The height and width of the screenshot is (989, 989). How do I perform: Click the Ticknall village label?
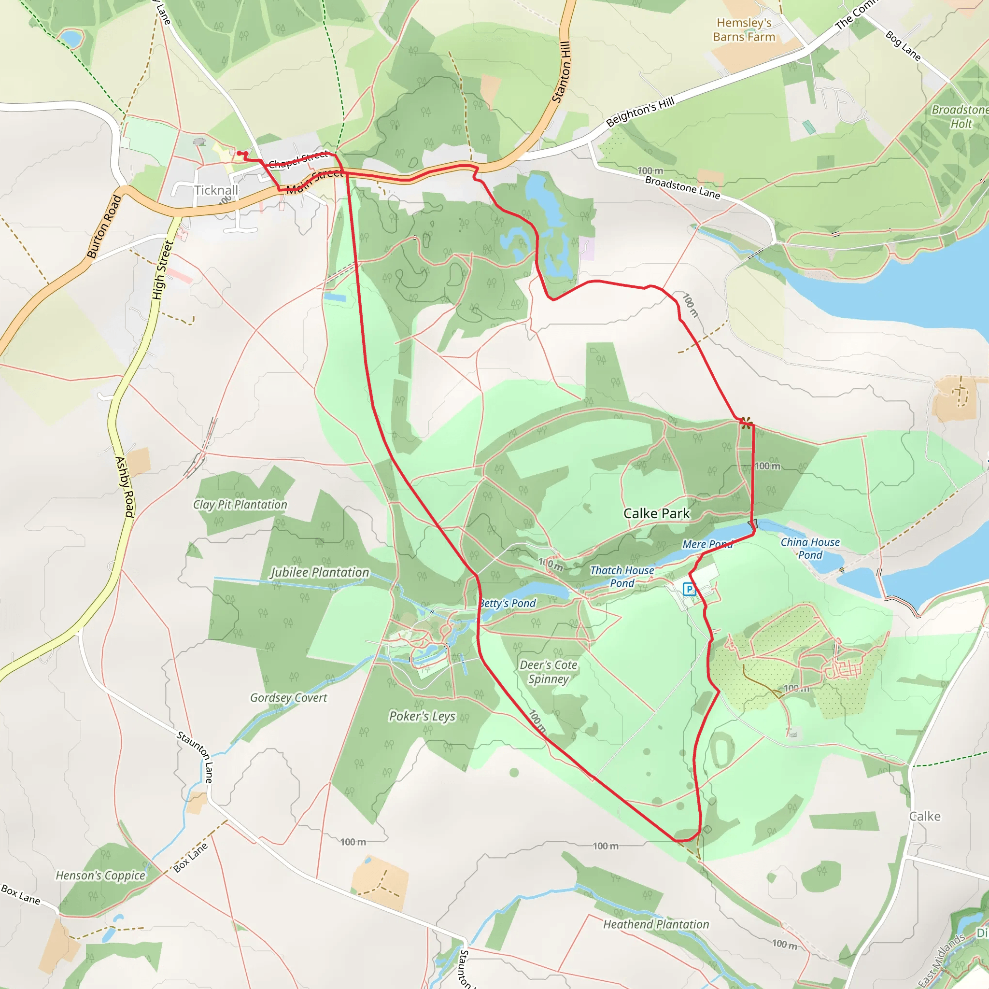[216, 190]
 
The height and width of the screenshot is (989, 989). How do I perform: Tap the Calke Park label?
[656, 513]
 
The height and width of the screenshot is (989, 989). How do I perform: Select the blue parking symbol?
[689, 589]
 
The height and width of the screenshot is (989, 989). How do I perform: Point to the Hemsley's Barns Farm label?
[744, 29]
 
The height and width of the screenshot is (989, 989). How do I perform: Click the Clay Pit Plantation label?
[240, 505]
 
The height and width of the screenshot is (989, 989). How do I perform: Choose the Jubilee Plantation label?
[320, 572]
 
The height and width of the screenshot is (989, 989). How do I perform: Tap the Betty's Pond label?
[508, 603]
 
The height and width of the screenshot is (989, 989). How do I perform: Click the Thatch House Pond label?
[622, 577]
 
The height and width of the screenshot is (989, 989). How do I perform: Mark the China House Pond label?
[810, 548]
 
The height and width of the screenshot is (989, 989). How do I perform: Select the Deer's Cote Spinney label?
[548, 672]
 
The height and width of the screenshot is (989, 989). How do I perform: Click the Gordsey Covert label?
[289, 698]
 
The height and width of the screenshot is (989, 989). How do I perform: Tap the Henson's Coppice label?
[100, 876]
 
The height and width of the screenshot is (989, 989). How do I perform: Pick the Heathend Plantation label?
[656, 924]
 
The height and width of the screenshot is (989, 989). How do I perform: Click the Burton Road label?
[104, 226]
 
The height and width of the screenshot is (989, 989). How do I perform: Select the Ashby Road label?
[125, 486]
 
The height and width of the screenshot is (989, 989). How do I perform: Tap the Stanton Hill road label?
[561, 71]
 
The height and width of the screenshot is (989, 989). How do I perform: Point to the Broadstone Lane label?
[682, 187]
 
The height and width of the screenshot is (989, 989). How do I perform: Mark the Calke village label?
[924, 816]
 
